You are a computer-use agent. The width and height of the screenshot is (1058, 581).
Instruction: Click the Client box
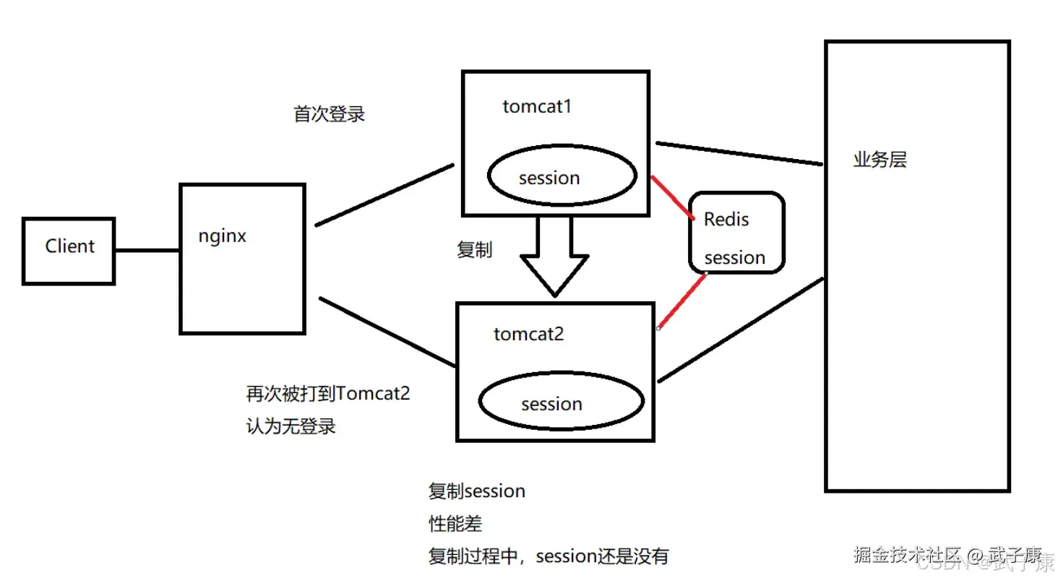(69, 250)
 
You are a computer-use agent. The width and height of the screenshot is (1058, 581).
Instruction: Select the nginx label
(222, 236)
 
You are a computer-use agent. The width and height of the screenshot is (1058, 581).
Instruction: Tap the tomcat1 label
(537, 107)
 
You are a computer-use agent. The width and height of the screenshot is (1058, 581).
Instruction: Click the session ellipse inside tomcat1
(562, 176)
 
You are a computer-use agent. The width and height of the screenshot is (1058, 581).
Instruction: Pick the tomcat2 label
(528, 334)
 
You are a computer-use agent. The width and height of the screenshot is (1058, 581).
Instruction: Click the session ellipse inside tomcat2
(561, 403)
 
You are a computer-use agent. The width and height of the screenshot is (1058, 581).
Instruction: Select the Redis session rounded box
(735, 233)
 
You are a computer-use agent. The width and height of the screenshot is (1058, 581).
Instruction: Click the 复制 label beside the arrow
(474, 250)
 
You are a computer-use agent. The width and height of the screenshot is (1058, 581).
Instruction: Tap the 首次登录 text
(329, 114)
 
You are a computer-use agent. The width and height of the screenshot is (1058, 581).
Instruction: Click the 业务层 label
(879, 160)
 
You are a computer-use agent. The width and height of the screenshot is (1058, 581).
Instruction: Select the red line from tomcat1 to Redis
(673, 197)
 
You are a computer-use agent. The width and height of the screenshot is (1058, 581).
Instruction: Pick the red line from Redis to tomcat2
(682, 300)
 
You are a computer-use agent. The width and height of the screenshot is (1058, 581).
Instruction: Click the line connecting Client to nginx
(147, 251)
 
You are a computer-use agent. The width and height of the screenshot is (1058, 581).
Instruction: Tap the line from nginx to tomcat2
(387, 331)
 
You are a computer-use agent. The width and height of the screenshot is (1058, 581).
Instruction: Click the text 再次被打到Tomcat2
(328, 395)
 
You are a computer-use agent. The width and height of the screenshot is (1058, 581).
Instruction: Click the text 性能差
(455, 523)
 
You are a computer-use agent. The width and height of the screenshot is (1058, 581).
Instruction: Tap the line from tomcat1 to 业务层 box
(739, 153)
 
